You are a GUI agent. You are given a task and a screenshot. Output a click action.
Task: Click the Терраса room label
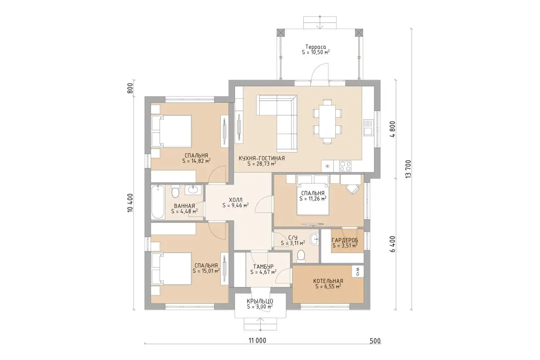[315, 47]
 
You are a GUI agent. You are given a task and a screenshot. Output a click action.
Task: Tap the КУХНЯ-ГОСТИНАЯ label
[262, 158]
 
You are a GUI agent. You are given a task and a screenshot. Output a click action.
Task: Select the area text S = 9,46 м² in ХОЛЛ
[235, 205]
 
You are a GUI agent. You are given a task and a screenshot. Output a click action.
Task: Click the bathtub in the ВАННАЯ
[158, 202]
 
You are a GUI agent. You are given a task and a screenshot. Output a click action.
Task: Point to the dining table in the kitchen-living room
[327, 122]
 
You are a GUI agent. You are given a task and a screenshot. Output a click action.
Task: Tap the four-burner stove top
[345, 166]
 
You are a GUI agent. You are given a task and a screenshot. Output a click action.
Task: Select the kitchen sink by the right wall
[368, 127]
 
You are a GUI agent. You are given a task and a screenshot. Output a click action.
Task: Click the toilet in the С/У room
[300, 256]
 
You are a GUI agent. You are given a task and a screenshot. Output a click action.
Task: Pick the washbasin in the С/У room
[314, 239]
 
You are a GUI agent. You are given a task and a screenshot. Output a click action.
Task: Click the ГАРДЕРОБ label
[345, 240]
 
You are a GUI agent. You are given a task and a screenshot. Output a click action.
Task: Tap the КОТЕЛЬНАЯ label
[328, 281]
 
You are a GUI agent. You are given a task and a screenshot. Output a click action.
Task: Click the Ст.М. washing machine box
[358, 272]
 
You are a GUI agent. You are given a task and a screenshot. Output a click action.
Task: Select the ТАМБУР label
[263, 267]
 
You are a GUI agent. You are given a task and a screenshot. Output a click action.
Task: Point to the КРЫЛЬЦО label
[260, 301]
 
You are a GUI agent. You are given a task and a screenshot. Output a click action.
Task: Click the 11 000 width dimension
[257, 340]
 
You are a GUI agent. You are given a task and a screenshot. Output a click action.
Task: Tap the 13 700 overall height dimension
[408, 169]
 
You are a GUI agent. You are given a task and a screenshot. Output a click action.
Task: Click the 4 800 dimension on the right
[392, 129]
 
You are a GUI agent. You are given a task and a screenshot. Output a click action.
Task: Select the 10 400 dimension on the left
[130, 203]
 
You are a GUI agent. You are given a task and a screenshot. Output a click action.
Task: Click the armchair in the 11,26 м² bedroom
[352, 188]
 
